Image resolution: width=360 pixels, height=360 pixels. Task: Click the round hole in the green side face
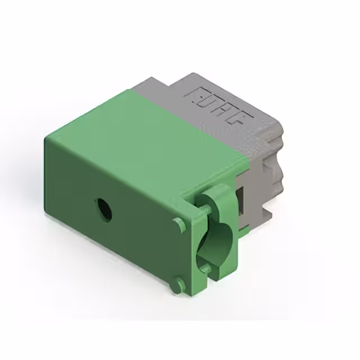coord(103,209)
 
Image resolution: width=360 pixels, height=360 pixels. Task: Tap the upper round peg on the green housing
coord(179,225)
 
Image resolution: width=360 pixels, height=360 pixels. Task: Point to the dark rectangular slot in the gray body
coord(240,199)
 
